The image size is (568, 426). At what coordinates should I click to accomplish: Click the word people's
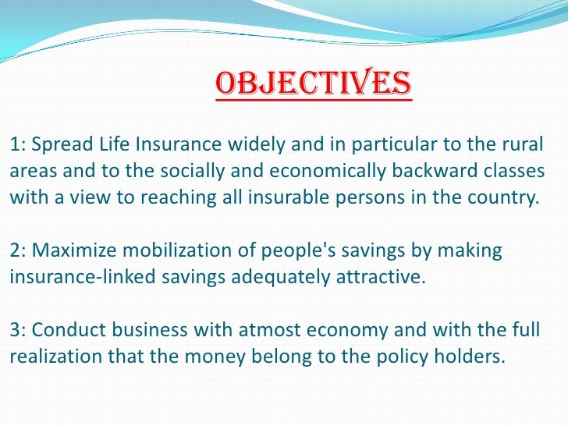[x=289, y=252]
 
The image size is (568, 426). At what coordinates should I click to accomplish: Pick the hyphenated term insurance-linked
[x=73, y=277]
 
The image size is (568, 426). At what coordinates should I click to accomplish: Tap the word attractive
[x=385, y=277]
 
